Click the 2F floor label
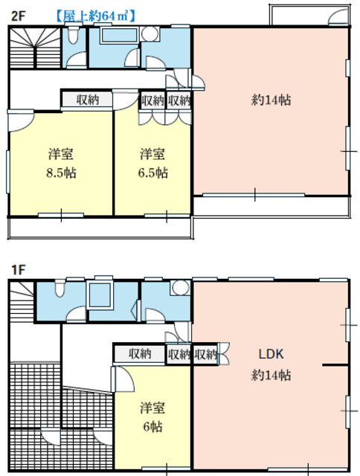coord(18,16)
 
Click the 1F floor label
coord(18,269)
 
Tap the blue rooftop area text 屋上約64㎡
coord(95,16)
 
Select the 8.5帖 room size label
coord(61,173)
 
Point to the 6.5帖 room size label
coord(152,173)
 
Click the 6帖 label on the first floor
coord(152,426)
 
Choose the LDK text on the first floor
coord(271,354)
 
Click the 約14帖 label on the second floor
coord(271,100)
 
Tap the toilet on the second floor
coord(73,35)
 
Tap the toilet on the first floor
coord(60,289)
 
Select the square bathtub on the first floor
coord(100,295)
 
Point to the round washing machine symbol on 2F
coord(150,33)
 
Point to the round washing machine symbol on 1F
coord(180,288)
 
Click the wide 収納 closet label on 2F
coord(88,100)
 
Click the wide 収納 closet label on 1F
coord(140,354)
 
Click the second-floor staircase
coord(35,48)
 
